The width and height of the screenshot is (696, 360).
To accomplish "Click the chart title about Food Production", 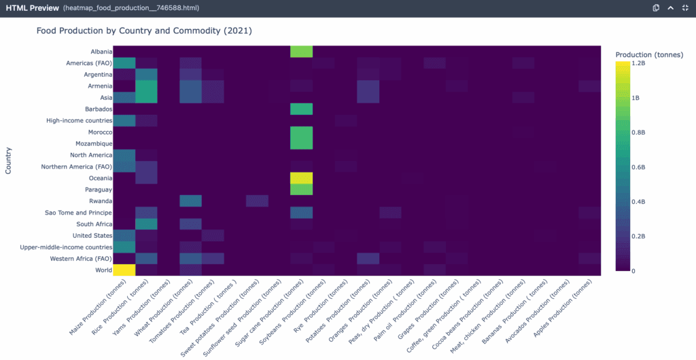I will click(x=144, y=32).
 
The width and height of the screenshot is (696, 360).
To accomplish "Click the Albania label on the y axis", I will click(x=99, y=52).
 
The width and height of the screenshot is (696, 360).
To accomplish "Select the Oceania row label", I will click(x=98, y=177).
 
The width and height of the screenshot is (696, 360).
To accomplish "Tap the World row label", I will click(x=101, y=270).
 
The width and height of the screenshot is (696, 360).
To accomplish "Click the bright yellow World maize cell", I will click(x=124, y=270).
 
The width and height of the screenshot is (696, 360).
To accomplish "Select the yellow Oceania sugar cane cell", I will click(x=301, y=178).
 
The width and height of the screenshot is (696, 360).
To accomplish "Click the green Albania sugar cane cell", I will click(x=301, y=52).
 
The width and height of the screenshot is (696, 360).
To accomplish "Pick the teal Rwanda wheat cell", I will click(x=190, y=201).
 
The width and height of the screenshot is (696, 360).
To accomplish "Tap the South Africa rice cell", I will click(x=146, y=224).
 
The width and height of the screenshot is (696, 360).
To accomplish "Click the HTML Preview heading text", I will click(x=31, y=7).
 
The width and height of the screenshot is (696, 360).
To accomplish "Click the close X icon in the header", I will click(x=685, y=7).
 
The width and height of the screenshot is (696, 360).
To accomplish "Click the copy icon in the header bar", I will click(x=656, y=7).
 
